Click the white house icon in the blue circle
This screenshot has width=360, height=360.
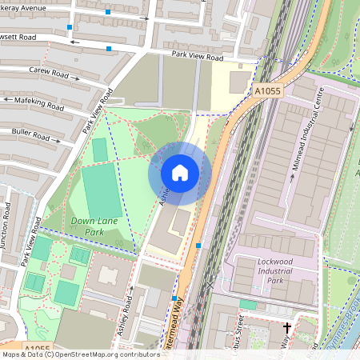pos(180,173)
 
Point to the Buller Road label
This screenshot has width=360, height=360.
pos(32,131)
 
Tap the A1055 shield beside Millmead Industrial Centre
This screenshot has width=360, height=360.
pos(269,92)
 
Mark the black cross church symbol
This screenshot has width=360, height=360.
pos(287,328)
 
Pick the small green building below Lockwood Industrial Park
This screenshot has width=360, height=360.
pos(248,304)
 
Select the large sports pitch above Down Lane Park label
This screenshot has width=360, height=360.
pos(102,191)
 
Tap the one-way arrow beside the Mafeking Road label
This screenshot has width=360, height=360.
pos(8,100)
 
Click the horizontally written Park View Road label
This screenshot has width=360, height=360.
pos(197,56)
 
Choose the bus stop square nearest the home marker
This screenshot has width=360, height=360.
pos(198,246)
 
